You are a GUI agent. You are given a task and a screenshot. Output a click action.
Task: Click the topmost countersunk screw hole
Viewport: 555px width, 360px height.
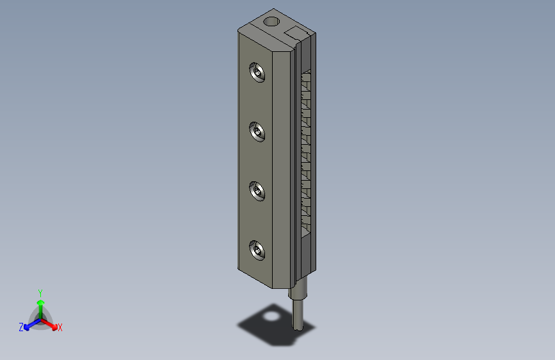[258, 73]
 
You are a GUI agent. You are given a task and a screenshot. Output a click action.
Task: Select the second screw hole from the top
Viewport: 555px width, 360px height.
[258, 133]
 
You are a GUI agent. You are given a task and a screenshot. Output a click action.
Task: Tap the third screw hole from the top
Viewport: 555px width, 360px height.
[258, 192]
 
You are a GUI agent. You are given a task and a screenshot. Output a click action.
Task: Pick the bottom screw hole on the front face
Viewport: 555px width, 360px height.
[258, 250]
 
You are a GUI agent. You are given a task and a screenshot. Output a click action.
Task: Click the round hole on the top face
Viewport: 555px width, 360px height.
[271, 22]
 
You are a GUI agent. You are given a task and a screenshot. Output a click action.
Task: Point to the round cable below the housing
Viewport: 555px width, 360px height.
[299, 314]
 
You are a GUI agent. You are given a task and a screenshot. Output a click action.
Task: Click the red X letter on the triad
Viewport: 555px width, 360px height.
[60, 328]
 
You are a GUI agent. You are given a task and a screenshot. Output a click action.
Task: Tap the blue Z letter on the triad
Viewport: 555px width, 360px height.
[21, 327]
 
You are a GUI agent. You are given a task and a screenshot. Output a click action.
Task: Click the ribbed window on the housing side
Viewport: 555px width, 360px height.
[305, 154]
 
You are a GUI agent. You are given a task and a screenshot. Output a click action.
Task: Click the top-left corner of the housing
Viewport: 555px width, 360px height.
[239, 30]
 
